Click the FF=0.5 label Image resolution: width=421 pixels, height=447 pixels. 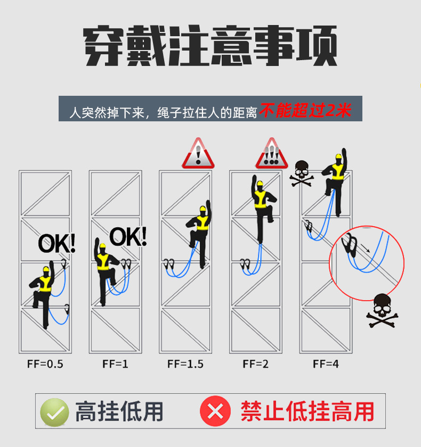click(45, 364)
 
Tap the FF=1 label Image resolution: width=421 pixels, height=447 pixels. click(115, 364)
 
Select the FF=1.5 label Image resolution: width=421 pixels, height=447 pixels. click(185, 364)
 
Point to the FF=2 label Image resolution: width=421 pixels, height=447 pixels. click(255, 364)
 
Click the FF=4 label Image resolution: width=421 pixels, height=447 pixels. click(326, 364)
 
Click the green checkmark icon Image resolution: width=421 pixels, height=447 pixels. click(54, 412)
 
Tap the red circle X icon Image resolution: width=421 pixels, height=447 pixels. click(215, 411)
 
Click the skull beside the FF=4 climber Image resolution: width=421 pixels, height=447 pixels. click(302, 173)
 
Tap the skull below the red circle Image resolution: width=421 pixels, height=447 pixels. click(382, 311)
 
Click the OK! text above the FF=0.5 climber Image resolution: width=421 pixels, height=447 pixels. click(57, 243)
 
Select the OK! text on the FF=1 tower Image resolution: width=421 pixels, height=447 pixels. click(128, 236)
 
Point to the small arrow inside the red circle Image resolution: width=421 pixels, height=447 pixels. click(366, 248)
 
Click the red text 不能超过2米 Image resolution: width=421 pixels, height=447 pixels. click(305, 110)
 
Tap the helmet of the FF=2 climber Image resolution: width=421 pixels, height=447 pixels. click(260, 183)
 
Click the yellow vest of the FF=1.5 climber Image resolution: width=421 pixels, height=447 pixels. click(203, 223)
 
